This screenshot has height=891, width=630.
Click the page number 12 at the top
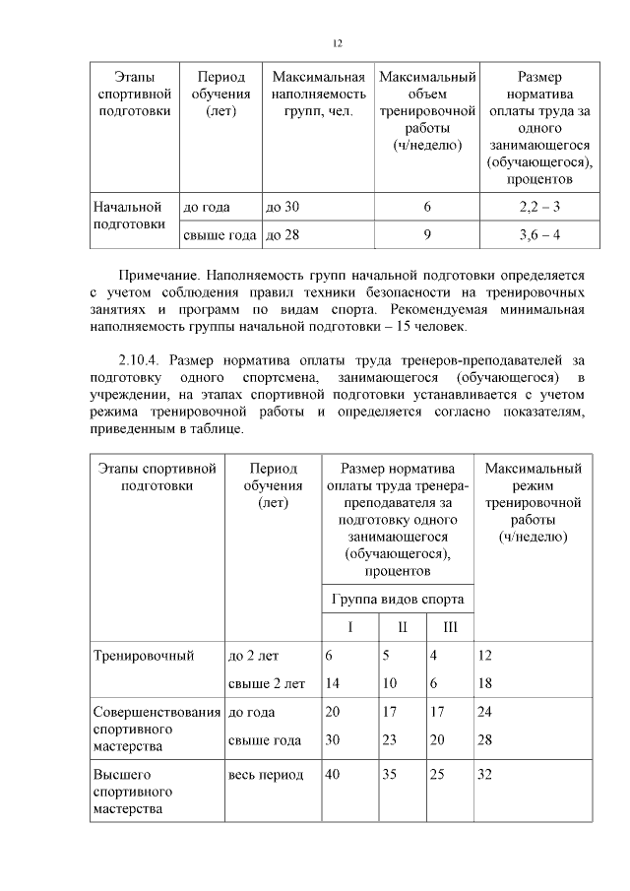coord(337,42)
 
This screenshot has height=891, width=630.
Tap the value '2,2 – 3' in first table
coord(539,207)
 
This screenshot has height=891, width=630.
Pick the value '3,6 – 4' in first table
coord(539,234)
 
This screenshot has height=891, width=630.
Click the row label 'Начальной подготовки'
coord(127,215)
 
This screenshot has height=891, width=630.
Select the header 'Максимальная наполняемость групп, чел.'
coord(319,95)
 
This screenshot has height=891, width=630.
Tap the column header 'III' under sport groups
coord(450,627)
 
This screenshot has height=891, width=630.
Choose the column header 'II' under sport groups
coord(402,627)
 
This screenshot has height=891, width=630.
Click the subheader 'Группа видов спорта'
coord(398,599)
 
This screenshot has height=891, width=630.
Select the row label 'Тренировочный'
coord(143,655)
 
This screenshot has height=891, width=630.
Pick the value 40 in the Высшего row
coord(333,775)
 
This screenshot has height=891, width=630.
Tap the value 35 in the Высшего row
coord(389,775)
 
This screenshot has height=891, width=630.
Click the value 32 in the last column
coord(483,775)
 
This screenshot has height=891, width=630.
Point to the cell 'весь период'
coord(266,775)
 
